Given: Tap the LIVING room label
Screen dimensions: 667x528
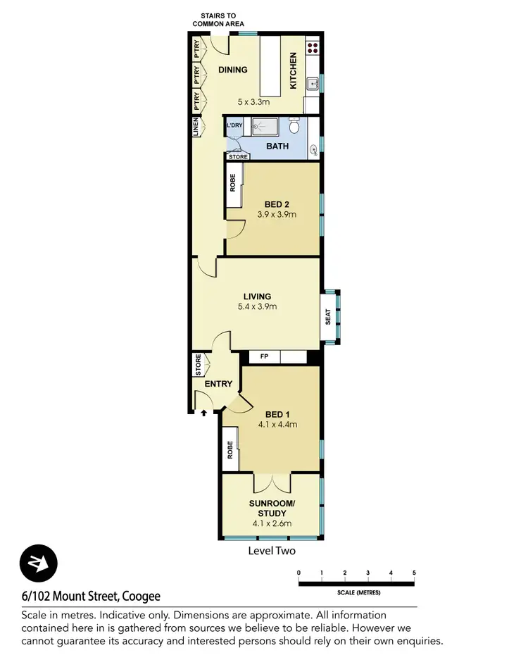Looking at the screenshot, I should (257, 297).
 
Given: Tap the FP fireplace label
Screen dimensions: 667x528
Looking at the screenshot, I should (264, 357).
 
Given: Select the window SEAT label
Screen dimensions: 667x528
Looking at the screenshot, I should (328, 317).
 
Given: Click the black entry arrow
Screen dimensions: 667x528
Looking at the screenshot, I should (204, 414).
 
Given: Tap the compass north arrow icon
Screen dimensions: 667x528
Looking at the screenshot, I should (38, 563).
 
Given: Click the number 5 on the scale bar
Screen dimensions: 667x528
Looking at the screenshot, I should (414, 572).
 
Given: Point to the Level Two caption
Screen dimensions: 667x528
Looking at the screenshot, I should (272, 551).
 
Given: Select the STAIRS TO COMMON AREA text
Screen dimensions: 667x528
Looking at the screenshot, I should (218, 19).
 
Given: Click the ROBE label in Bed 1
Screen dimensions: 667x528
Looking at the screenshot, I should (230, 451).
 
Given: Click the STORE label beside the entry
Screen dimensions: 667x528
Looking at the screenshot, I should (198, 366).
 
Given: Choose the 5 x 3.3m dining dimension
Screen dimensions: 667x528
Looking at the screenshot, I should (253, 101).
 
